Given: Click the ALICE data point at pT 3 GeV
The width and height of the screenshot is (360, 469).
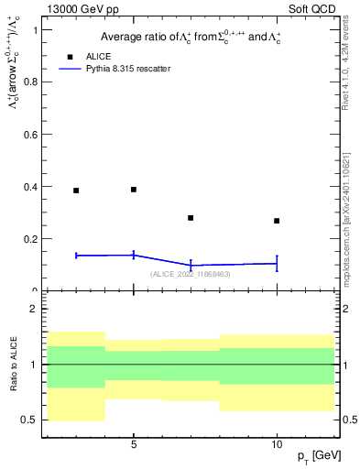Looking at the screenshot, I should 76,191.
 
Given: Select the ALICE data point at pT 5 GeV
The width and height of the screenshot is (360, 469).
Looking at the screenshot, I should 134,190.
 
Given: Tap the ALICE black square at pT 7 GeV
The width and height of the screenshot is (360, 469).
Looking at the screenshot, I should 191,218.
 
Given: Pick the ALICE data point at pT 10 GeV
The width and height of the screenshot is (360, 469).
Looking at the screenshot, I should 277,221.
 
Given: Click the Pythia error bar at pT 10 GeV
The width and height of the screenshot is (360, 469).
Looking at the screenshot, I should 277,263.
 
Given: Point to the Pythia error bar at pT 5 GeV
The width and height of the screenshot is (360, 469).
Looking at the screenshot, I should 134,255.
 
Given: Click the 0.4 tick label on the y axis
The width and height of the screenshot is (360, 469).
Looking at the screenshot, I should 35,187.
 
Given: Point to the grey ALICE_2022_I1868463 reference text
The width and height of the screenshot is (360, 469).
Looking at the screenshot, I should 191,274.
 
